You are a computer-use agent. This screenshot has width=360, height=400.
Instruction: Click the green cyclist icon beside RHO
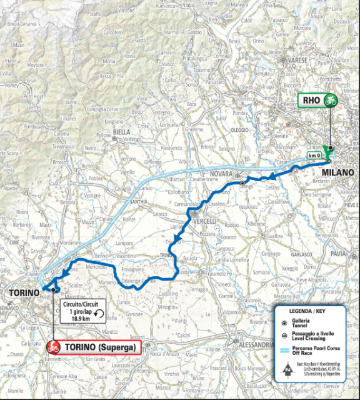click(x=330, y=100)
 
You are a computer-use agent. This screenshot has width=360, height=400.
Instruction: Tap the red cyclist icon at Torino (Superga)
click(x=54, y=346)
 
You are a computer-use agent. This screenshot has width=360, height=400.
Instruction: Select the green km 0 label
click(x=314, y=154)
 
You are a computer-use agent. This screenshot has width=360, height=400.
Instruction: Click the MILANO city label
click(x=338, y=172)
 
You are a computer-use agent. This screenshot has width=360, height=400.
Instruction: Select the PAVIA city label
click(x=338, y=253)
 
